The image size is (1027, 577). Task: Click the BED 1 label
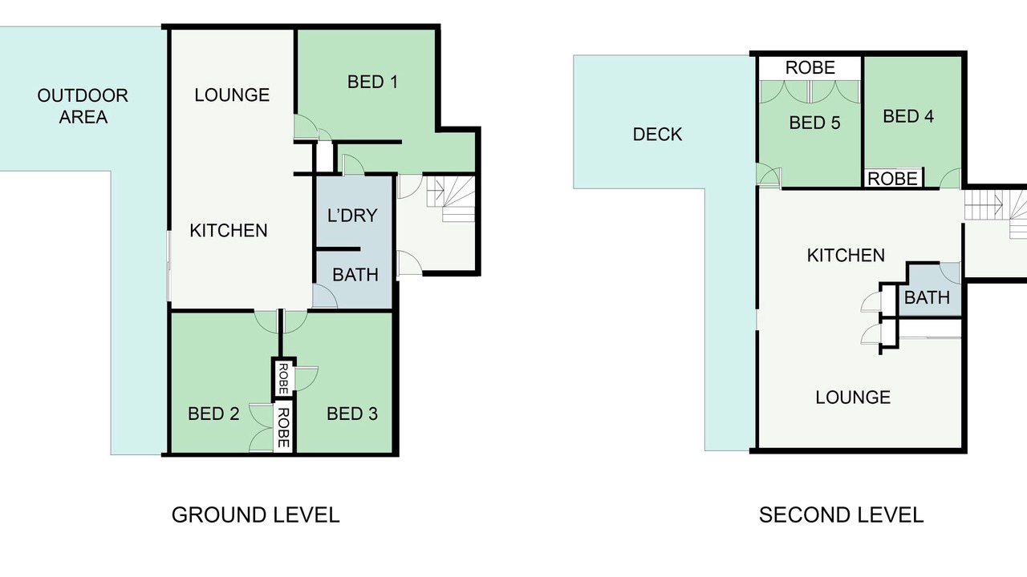point(372,82)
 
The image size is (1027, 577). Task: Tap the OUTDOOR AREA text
point(83,107)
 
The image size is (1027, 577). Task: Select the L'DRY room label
point(352,216)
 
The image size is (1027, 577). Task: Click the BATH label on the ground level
point(355,275)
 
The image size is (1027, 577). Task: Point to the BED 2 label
point(213,414)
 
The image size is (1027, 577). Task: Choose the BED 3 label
point(352,414)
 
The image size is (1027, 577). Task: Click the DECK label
point(657,135)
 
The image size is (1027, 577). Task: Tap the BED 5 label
point(814,123)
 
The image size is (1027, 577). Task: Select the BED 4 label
point(908,116)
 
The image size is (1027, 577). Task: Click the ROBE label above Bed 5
point(810,68)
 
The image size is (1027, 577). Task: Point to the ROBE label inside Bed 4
point(893,179)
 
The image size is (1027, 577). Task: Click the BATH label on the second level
point(927,297)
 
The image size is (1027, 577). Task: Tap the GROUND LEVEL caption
point(255,514)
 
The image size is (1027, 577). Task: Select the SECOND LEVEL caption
point(842,514)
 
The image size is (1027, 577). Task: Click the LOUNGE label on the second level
point(853,397)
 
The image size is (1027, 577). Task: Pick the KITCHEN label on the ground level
point(229,230)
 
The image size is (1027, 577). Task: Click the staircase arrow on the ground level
point(438,190)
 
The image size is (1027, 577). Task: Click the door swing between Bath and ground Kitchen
point(325,296)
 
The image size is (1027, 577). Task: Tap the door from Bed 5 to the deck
point(769,176)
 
